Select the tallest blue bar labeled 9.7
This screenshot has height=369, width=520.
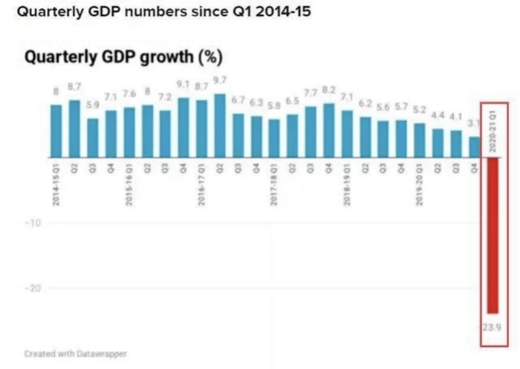point(220,125)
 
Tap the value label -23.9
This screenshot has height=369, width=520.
point(492,326)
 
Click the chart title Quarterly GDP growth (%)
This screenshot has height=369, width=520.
point(124,58)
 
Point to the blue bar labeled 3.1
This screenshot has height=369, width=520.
point(474,146)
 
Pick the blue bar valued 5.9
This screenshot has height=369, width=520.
point(92,137)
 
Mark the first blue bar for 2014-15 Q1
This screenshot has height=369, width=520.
point(56,131)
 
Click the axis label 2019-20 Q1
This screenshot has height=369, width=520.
point(419,184)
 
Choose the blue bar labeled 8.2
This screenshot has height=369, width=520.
point(329,130)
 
